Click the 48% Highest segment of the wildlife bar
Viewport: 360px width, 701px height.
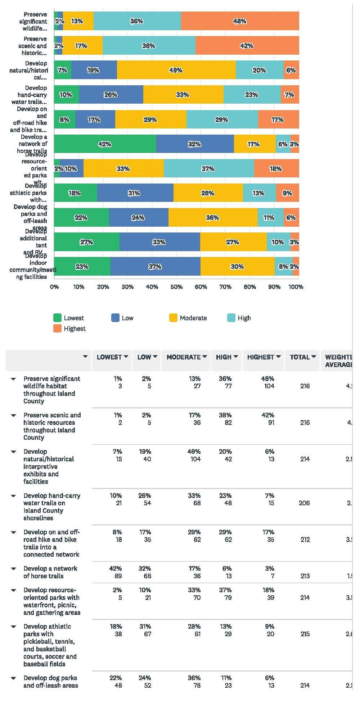click(240, 21)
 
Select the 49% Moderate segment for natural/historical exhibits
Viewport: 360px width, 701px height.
click(176, 70)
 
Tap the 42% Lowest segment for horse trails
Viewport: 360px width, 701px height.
click(105, 144)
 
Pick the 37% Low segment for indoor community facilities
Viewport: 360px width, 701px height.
click(155, 267)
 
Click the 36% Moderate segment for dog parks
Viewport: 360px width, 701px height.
click(212, 218)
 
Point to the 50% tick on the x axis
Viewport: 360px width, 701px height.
click(176, 287)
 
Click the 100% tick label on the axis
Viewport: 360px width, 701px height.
click(296, 287)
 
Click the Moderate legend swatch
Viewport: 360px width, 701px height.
click(173, 318)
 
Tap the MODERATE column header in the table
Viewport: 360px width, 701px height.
click(184, 357)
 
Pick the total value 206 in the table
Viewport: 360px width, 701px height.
click(304, 503)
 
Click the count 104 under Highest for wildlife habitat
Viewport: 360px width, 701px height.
click(269, 386)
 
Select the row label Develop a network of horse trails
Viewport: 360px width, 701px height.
click(50, 572)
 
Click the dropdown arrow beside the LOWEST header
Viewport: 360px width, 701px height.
click(126, 357)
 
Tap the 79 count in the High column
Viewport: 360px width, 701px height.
click(228, 598)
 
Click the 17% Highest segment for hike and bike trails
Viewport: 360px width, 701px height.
click(278, 119)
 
